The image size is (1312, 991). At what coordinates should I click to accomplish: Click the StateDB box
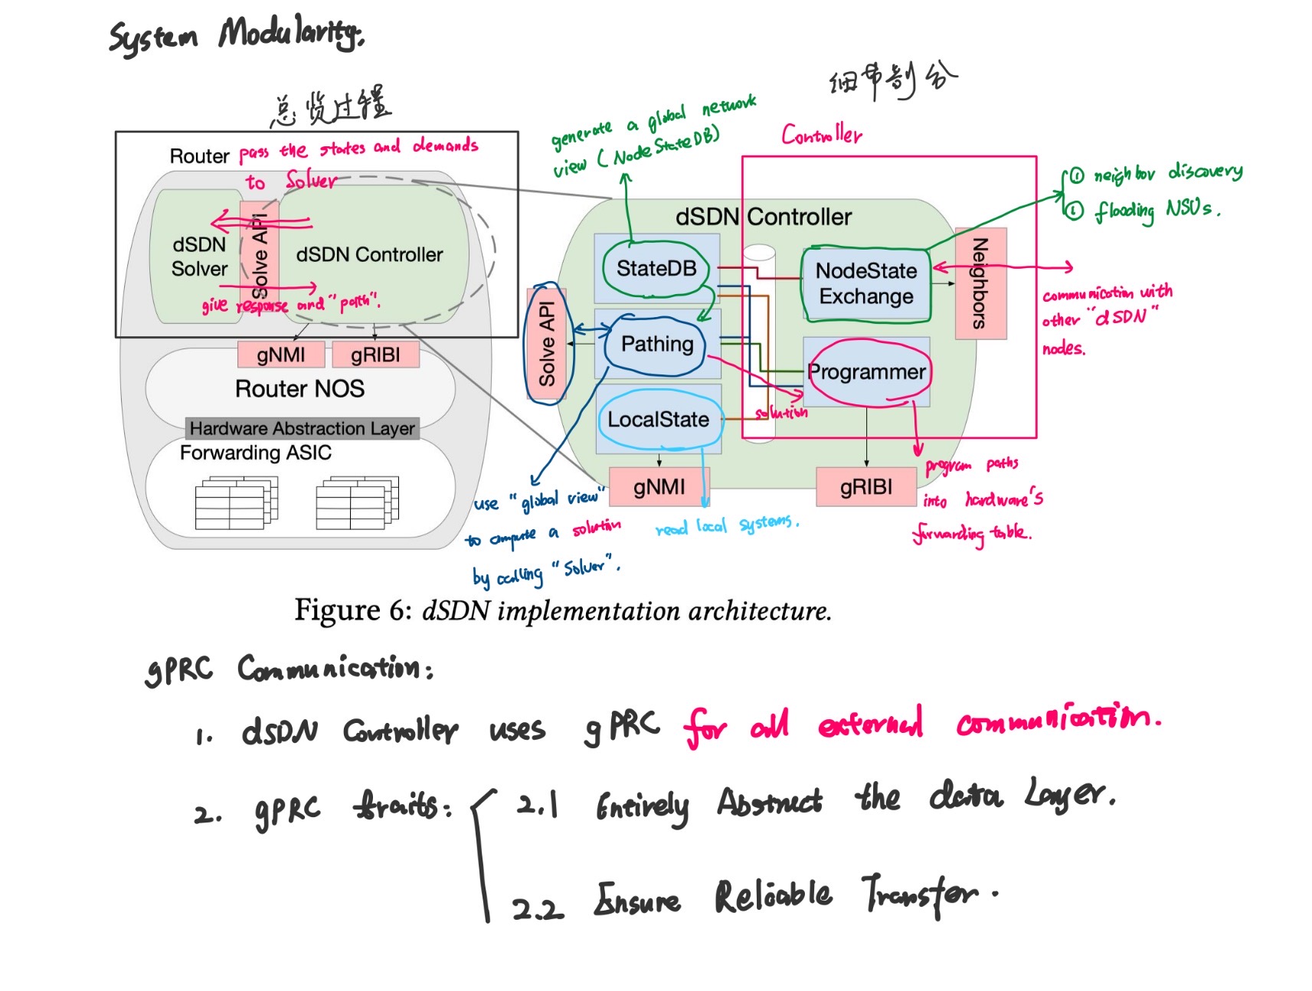pyautogui.click(x=656, y=268)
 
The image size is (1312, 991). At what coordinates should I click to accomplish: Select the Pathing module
pyautogui.click(x=657, y=344)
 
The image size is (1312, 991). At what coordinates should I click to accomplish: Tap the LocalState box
pyautogui.click(x=659, y=420)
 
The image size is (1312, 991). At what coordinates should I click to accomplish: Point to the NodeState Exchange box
pyautogui.click(x=865, y=283)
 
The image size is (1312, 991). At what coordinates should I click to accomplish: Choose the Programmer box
pyautogui.click(x=866, y=372)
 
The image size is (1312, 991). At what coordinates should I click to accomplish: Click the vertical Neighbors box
pyautogui.click(x=980, y=283)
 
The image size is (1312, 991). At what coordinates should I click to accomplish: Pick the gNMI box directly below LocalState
pyautogui.click(x=659, y=487)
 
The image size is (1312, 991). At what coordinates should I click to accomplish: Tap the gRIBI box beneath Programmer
pyautogui.click(x=866, y=487)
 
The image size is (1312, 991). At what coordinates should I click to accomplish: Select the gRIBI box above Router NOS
pyautogui.click(x=375, y=355)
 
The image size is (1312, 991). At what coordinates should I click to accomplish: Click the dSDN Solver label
pyautogui.click(x=199, y=257)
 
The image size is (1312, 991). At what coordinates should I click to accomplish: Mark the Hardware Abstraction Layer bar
pyautogui.click(x=302, y=428)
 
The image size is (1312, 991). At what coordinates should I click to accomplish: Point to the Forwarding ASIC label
pyautogui.click(x=256, y=453)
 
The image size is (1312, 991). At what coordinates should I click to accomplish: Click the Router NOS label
pyautogui.click(x=299, y=389)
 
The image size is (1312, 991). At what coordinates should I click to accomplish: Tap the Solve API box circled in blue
pyautogui.click(x=547, y=344)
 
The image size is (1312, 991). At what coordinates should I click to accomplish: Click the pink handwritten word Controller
pyautogui.click(x=821, y=136)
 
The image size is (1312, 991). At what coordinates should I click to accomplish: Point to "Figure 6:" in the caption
pyautogui.click(x=353, y=611)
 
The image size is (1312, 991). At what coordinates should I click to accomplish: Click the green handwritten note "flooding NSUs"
pyautogui.click(x=1153, y=209)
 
